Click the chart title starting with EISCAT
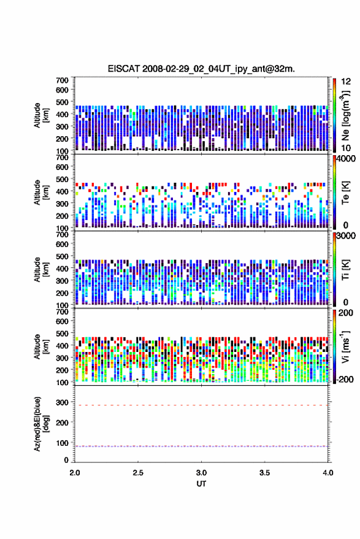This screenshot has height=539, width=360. pyautogui.click(x=201, y=69)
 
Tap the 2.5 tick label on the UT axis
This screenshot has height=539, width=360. pyautogui.click(x=138, y=473)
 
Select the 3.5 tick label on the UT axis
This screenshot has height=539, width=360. pyautogui.click(x=264, y=473)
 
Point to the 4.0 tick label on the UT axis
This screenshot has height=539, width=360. pyautogui.click(x=327, y=473)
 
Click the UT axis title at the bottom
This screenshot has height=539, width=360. pyautogui.click(x=201, y=484)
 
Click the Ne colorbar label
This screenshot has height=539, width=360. pyautogui.click(x=345, y=115)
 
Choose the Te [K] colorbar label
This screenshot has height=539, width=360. pyautogui.click(x=345, y=193)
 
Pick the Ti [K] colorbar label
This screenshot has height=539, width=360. pyautogui.click(x=345, y=270)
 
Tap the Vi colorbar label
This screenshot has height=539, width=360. pyautogui.click(x=345, y=346)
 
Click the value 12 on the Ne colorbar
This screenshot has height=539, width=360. pyautogui.click(x=346, y=82)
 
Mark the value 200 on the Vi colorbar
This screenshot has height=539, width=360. pyautogui.click(x=346, y=313)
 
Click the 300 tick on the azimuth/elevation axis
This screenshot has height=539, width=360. pyautogui.click(x=62, y=402)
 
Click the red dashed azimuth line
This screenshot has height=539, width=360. pyautogui.click(x=201, y=405)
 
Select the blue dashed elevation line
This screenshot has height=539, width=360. pyautogui.click(x=201, y=446)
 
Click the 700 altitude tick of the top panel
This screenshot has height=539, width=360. pyautogui.click(x=62, y=80)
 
